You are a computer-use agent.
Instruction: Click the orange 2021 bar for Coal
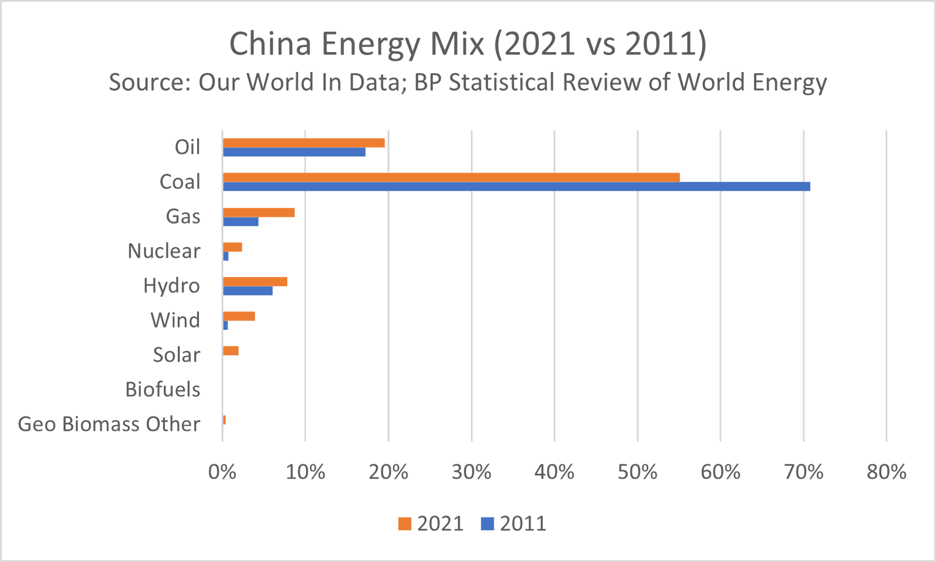[450, 177]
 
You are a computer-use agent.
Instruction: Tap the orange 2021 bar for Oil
[303, 143]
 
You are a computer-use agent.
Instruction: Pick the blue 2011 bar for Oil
[294, 152]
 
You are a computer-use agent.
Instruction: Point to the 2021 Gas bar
[258, 213]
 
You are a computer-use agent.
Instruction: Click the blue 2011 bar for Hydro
[247, 291]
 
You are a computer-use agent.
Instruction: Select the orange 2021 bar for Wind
[239, 317]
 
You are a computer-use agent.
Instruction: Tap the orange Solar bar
[230, 351]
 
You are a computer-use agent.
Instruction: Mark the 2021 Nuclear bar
[232, 247]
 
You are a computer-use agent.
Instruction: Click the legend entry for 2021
[431, 523]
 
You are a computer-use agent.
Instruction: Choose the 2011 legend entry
[514, 523]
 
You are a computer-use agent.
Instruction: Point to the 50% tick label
[637, 472]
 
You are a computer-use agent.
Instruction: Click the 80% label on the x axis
[886, 472]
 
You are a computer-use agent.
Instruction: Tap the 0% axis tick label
[222, 472]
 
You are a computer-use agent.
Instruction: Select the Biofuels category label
[163, 389]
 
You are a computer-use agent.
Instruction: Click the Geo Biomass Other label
[109, 424]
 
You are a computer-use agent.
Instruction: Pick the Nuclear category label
[164, 251]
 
